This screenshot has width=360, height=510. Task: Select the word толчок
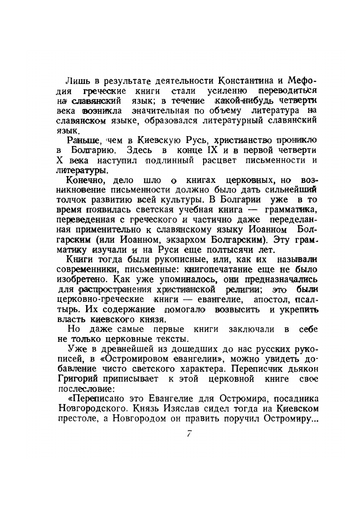pos(69,200)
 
